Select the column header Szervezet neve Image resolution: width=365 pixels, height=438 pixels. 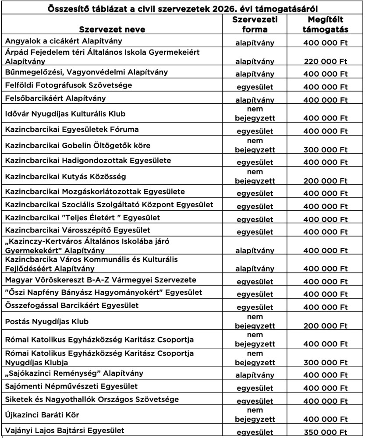[x=112, y=30]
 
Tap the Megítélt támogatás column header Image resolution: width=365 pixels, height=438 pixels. [x=325, y=25]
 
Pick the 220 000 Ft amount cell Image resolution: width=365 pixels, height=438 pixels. [x=325, y=62]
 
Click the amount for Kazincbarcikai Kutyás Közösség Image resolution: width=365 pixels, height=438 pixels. [x=325, y=180]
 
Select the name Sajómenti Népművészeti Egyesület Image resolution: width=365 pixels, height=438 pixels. [x=71, y=386]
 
